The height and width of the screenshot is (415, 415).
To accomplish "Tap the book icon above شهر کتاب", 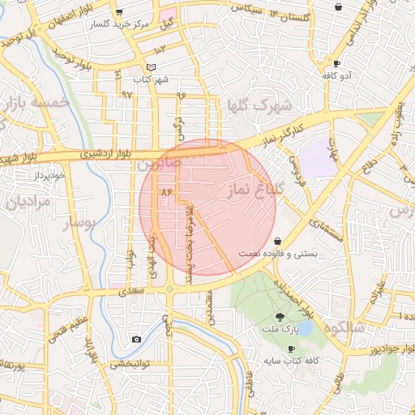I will click(151, 67).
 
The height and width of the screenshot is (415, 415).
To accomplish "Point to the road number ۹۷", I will click(126, 94).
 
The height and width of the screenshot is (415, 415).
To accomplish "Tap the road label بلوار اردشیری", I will click(103, 152).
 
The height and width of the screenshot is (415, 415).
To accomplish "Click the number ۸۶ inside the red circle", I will click(169, 192).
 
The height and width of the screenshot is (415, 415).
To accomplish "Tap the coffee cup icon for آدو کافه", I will click(336, 63).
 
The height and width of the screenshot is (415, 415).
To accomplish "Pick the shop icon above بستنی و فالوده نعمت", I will click(279, 241).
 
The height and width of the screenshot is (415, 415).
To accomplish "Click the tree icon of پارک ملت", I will click(280, 317).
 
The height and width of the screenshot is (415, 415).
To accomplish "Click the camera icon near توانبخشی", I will click(136, 339).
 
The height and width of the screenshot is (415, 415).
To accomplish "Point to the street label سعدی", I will click(130, 289).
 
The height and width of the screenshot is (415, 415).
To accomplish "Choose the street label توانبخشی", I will click(126, 364).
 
